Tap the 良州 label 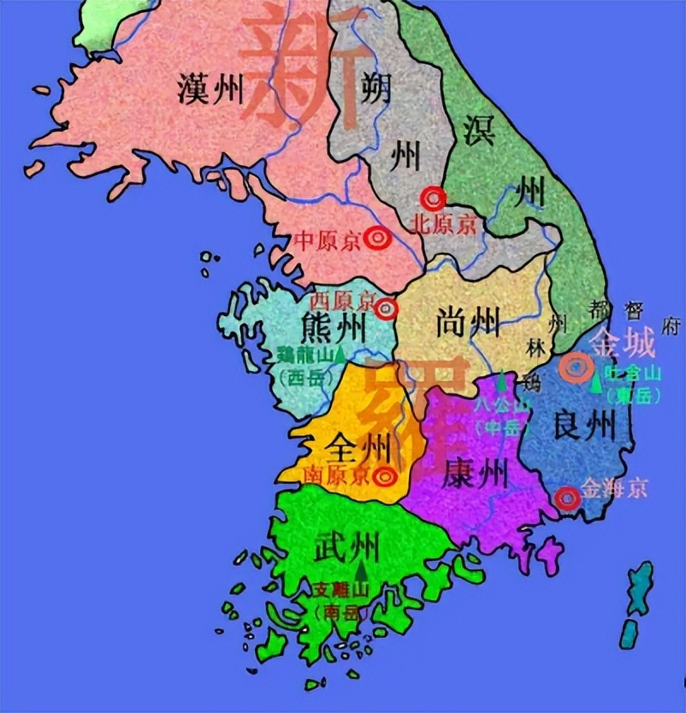click(x=585, y=425)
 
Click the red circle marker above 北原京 click(x=435, y=198)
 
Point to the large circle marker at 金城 click(x=577, y=368)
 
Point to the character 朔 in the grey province click(x=377, y=85)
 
